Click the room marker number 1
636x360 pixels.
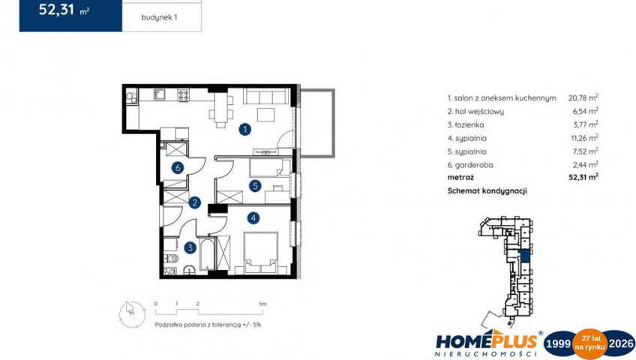(244, 130)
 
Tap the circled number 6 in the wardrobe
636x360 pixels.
(177, 167)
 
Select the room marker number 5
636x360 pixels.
(255, 186)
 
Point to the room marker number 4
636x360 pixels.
(253, 218)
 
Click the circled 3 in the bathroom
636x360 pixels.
(190, 247)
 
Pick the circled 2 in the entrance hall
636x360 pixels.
(194, 202)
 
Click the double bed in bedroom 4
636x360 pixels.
(261, 253)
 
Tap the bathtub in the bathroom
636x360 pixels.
(207, 254)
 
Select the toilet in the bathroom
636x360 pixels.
(171, 258)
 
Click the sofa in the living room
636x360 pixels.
(266, 96)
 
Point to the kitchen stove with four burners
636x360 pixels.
(183, 94)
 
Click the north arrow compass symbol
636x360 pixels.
(132, 314)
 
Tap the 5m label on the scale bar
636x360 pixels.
(262, 304)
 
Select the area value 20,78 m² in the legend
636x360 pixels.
(583, 97)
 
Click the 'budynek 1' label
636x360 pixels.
(159, 17)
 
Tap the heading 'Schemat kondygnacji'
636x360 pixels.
(487, 191)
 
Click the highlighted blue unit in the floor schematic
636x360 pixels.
(525, 256)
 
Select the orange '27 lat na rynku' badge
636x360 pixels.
(589, 343)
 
